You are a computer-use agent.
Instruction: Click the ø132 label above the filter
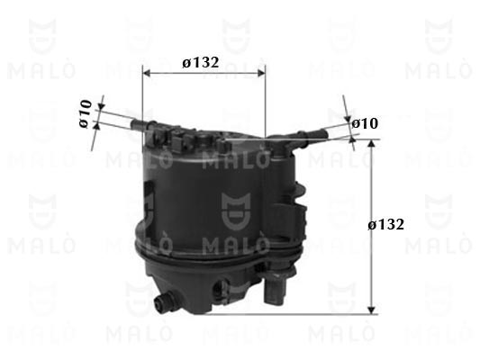201,63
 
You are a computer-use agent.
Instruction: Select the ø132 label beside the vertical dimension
385,225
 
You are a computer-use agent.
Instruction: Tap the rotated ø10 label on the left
86,113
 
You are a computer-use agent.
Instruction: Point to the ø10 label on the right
365,123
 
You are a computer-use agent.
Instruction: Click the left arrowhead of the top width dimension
147,73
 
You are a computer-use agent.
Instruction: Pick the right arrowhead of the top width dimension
262,73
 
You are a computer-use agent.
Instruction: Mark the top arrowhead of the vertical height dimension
371,144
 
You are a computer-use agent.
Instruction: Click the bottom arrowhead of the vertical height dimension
371,310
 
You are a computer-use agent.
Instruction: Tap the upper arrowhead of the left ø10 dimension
102,106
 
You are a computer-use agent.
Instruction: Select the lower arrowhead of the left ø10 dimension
97,125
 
